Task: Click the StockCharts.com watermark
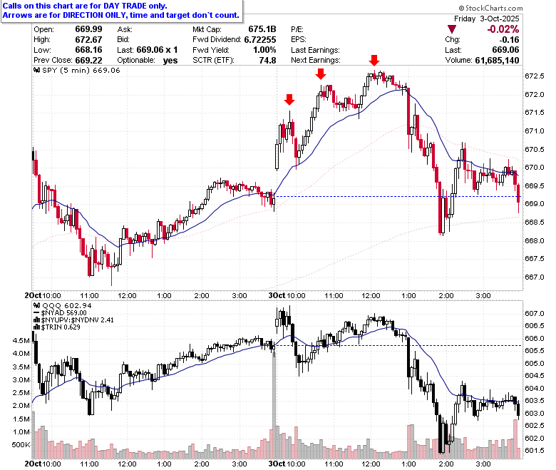tap(490, 8)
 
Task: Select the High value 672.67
tap(88, 40)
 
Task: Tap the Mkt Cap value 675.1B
tap(262, 29)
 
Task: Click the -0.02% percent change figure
tap(503, 29)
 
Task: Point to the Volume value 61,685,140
tap(497, 61)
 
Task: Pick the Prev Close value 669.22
tap(88, 61)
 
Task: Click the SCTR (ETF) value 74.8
tap(268, 61)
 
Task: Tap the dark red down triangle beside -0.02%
tap(452, 29)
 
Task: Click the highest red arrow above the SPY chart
tap(374, 61)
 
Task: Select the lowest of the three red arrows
tap(289, 100)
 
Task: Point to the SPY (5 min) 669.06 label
tap(77, 70)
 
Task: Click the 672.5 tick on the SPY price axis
tap(535, 76)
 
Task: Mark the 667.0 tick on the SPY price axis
tap(535, 277)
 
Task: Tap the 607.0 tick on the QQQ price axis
tap(535, 314)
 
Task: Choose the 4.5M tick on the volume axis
tap(21, 340)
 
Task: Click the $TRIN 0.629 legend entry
tap(57, 327)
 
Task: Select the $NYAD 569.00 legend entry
tap(60, 313)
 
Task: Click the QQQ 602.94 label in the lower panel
tap(63, 305)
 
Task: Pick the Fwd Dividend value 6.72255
tap(260, 40)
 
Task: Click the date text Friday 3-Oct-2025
tap(486, 19)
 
